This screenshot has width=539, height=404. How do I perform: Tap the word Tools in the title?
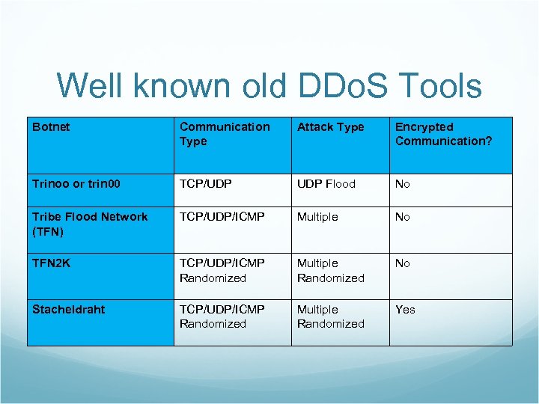(439, 86)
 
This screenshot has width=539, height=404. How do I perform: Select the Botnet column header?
(51, 127)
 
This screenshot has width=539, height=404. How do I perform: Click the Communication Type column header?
(225, 134)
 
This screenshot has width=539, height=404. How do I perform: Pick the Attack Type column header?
(330, 127)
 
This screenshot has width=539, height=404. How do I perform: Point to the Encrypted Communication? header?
(443, 134)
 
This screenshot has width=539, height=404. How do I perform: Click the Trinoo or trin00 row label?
(76, 184)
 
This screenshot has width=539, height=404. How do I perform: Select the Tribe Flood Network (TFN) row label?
(90, 224)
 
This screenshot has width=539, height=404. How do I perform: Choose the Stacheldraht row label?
(69, 310)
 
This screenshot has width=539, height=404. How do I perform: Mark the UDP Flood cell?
(326, 184)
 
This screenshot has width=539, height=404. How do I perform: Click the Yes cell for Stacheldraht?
(405, 310)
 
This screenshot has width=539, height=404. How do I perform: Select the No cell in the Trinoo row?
(403, 184)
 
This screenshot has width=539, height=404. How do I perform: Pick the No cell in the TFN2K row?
(403, 263)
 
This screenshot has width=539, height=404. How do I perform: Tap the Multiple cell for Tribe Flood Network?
(317, 217)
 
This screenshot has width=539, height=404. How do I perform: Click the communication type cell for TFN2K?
(222, 270)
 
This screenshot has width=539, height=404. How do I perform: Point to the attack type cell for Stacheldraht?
(330, 316)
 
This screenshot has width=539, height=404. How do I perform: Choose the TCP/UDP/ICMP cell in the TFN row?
(222, 217)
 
